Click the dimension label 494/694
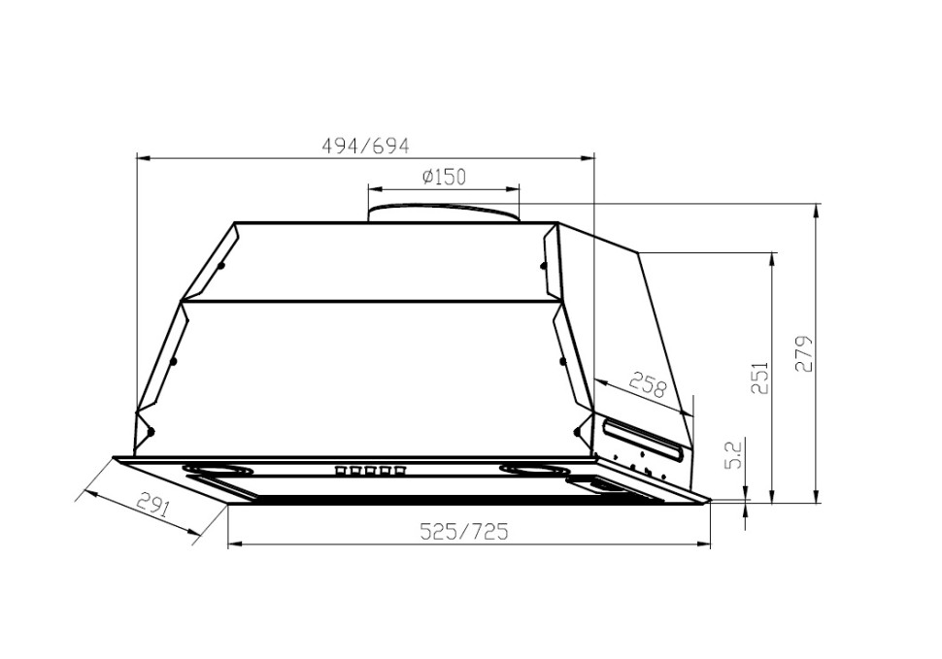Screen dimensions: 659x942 coord(365,146)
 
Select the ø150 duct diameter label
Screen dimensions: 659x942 coord(444,177)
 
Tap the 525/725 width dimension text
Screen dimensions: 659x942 coord(463,532)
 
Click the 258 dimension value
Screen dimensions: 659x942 coord(648,385)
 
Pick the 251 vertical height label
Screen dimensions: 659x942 coord(759,379)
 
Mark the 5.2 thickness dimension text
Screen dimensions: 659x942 coord(734,454)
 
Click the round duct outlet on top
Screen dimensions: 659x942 coord(443,213)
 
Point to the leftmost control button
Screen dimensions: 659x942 coord(341,472)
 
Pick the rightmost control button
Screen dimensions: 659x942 coord(398,472)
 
